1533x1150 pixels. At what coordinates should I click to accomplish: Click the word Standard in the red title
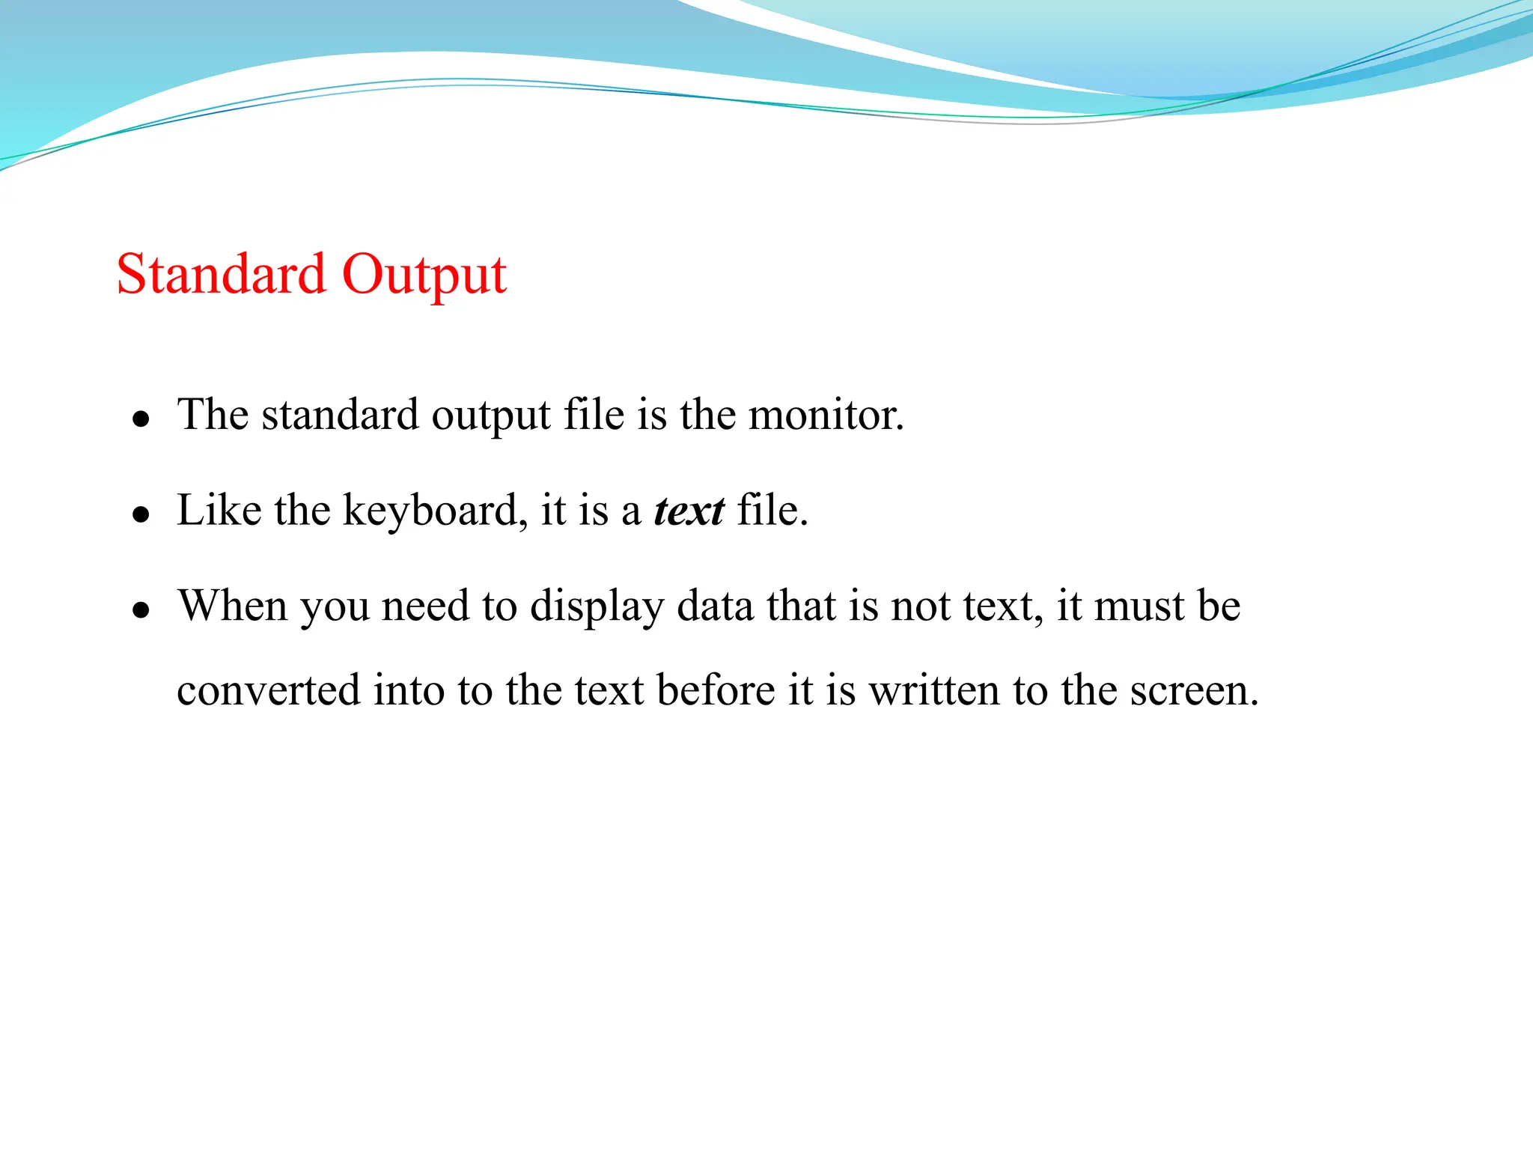(x=221, y=274)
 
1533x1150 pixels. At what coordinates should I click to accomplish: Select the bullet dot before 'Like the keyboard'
(x=141, y=514)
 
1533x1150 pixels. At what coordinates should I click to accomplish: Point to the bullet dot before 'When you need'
(x=141, y=610)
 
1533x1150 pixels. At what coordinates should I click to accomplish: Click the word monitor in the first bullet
(x=825, y=414)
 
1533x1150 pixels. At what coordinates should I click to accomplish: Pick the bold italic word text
(x=689, y=511)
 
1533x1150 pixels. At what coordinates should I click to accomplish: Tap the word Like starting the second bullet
(x=219, y=511)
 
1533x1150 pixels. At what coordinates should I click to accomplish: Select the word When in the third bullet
(x=232, y=606)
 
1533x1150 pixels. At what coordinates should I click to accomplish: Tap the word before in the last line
(x=716, y=690)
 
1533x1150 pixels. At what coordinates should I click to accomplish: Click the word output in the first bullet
(x=490, y=416)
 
